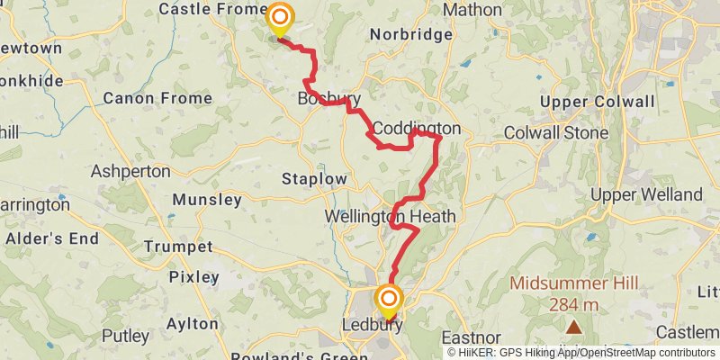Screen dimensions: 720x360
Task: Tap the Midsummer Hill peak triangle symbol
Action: (x=573, y=326)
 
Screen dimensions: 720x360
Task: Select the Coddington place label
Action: (x=417, y=129)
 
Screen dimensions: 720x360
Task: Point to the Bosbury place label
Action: (x=329, y=99)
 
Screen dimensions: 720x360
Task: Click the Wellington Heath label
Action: (x=391, y=217)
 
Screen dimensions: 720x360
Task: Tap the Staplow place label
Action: (x=314, y=179)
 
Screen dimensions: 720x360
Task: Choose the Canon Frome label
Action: (x=157, y=98)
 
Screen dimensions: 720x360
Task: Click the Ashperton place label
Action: (x=130, y=170)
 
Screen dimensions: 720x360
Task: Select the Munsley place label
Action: (x=207, y=199)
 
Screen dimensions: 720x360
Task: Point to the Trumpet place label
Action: (x=178, y=247)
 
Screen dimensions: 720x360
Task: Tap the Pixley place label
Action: (x=193, y=276)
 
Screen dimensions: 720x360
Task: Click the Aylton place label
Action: (x=192, y=323)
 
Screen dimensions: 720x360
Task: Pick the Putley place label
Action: (x=125, y=336)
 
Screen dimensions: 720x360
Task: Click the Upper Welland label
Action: (x=646, y=194)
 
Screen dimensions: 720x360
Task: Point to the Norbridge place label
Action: (x=411, y=35)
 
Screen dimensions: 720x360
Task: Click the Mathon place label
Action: (x=472, y=10)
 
